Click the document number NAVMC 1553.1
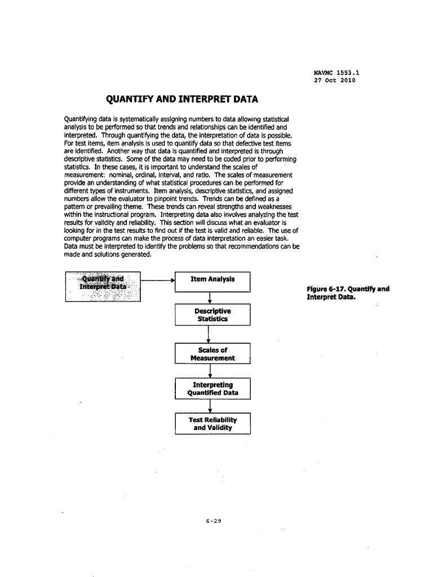point(336,72)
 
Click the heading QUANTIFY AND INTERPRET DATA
point(182,100)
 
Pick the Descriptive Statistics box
point(212,315)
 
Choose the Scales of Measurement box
point(212,354)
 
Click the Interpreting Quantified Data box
point(212,389)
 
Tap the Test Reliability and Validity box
point(212,424)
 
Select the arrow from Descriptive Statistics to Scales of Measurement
point(209,334)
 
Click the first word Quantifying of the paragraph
point(83,119)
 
